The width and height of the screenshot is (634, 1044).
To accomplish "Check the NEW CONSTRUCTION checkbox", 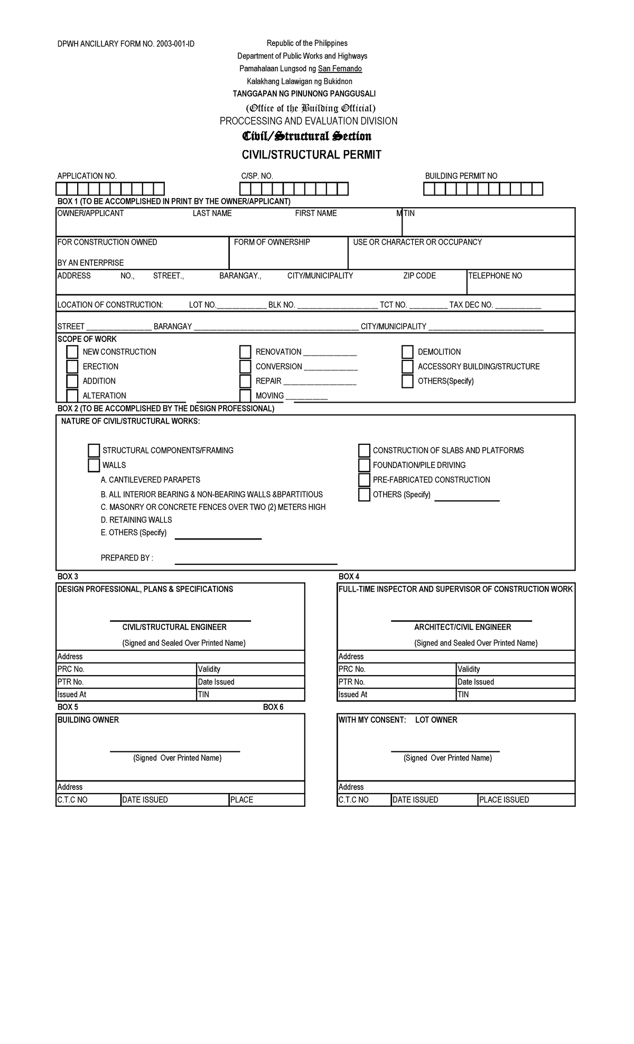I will pos(72,352).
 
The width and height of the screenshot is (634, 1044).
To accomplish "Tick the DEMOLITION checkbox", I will pos(407,352).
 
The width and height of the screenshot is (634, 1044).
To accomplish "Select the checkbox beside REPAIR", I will pos(245,381).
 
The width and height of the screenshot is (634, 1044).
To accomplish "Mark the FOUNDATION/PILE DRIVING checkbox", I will pos(364,465).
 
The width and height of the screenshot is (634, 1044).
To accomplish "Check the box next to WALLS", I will pos(94,465).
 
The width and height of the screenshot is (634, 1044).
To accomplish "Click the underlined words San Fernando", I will pos(340,69).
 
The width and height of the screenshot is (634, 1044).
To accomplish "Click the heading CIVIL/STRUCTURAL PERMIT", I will pos(311,155).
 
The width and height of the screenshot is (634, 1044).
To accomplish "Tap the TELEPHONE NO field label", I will pos(495,276).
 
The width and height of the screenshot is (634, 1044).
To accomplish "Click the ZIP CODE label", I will pos(419,276).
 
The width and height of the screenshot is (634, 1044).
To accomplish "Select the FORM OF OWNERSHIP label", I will pos(272,242).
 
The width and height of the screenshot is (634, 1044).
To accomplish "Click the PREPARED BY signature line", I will pos(256,563).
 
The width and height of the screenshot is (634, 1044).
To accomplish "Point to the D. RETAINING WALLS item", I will pos(136,520).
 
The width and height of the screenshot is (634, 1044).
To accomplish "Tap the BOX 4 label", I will pos(349,576).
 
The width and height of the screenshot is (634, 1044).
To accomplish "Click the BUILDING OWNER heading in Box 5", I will pos(88,720).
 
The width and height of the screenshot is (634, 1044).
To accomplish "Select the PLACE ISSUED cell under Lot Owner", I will pos(526,799).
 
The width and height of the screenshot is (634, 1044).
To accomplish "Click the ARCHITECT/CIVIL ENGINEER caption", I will pos(462,627).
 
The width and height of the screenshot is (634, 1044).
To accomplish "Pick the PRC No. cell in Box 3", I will pos(126,669).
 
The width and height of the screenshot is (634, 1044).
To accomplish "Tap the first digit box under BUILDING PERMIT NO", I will pos(429,189).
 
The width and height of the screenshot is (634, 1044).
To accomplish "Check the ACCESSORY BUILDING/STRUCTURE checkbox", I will pos(407,367).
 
